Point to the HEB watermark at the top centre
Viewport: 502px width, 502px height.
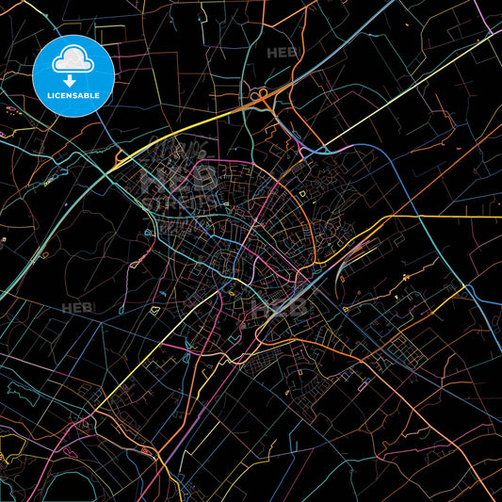click(x=281, y=54)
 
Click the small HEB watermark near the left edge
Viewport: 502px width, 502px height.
click(x=75, y=308)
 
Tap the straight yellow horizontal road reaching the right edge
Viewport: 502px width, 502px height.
click(x=443, y=216)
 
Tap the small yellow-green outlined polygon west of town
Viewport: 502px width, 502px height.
click(x=149, y=233)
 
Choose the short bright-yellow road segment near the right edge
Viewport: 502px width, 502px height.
click(x=406, y=276)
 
